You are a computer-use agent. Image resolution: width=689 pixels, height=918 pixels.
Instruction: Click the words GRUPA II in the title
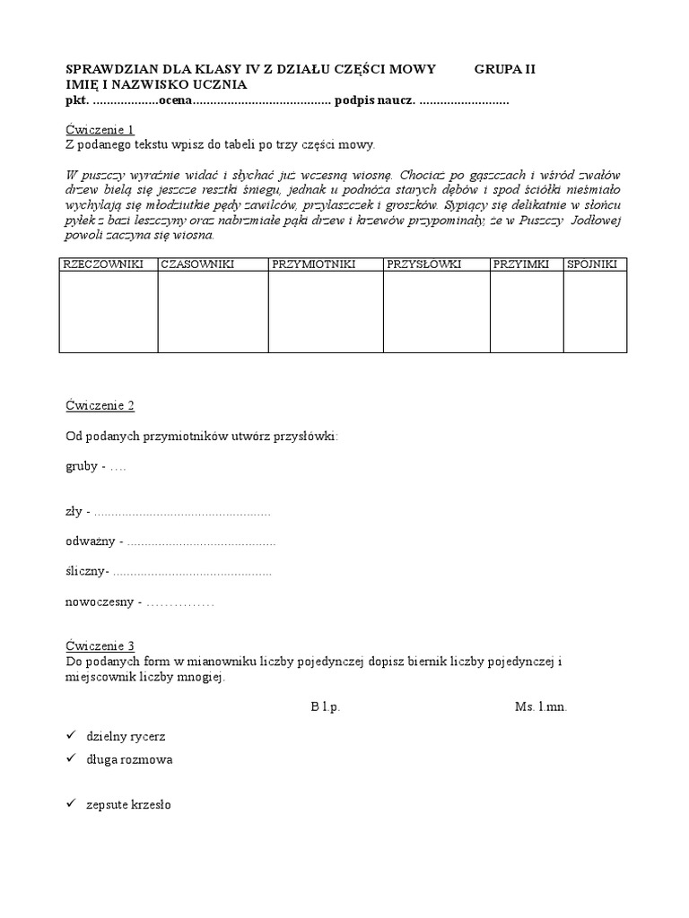(504, 69)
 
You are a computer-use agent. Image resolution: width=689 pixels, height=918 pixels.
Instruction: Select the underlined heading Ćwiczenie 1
(100, 129)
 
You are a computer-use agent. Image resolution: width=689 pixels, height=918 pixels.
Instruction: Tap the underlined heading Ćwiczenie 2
(100, 405)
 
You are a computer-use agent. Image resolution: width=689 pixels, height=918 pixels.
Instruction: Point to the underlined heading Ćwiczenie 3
(100, 645)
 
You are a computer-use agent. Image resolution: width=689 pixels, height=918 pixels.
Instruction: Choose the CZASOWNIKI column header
(197, 264)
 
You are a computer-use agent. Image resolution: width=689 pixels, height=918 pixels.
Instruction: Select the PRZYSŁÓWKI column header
(424, 264)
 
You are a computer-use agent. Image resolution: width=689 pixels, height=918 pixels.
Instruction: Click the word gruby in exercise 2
(81, 467)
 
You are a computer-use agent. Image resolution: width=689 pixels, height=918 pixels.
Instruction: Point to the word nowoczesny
(100, 602)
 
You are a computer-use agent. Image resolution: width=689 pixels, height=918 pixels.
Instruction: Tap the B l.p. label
(326, 706)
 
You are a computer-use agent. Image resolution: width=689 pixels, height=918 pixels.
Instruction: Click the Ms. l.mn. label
(541, 706)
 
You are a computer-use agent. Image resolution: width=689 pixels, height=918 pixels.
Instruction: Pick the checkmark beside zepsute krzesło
(71, 805)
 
